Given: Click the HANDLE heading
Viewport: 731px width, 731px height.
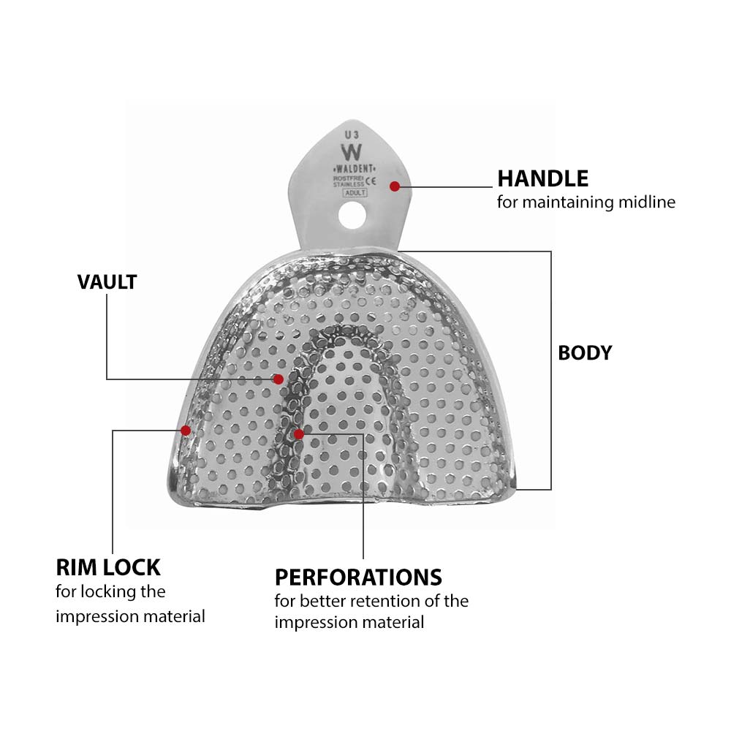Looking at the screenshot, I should (x=542, y=178).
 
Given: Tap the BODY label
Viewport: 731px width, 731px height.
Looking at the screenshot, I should (x=585, y=352).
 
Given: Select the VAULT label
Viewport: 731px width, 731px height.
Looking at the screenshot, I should (x=107, y=282).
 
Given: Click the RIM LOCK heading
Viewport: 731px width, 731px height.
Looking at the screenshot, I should (x=108, y=567).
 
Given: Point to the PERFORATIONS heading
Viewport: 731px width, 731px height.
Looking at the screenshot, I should (x=358, y=577).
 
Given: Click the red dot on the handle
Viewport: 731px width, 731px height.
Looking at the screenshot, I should (x=395, y=186).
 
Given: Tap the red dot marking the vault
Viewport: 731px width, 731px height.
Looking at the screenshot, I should (x=279, y=379).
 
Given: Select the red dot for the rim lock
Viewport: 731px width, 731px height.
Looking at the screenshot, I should (x=186, y=430).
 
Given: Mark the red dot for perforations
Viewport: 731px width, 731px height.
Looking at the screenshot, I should (x=298, y=434).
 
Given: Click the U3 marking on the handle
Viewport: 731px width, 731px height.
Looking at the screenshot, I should (x=351, y=135).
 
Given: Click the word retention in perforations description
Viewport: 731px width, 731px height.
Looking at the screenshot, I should (x=394, y=601).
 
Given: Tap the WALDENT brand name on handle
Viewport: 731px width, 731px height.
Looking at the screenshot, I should (x=353, y=169).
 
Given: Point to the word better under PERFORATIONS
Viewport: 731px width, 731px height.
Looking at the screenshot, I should (x=322, y=601).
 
